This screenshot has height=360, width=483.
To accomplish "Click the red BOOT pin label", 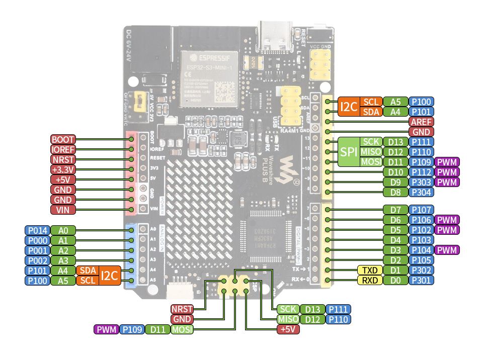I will pyautogui.click(x=63, y=139).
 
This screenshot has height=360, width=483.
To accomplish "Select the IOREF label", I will pyautogui.click(x=63, y=149).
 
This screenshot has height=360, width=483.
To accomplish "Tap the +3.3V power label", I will pyautogui.click(x=63, y=169).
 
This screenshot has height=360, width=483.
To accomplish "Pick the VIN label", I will pyautogui.click(x=63, y=210).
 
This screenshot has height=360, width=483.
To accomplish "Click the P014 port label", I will pyautogui.click(x=37, y=230).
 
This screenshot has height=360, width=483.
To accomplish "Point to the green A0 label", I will pyautogui.click(x=63, y=230).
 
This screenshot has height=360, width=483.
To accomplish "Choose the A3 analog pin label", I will pyautogui.click(x=63, y=260).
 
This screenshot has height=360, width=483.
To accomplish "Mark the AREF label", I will pyautogui.click(x=421, y=122).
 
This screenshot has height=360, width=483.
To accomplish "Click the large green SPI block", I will pyautogui.click(x=348, y=152).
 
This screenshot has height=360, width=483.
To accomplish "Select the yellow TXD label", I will pyautogui.click(x=370, y=270).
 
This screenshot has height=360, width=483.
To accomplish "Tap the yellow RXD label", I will pyautogui.click(x=370, y=280).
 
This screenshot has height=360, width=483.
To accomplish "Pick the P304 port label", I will pyautogui.click(x=421, y=192).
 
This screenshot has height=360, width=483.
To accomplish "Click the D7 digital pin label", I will pyautogui.click(x=395, y=210).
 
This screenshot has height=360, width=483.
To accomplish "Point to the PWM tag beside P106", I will pyautogui.click(x=447, y=220).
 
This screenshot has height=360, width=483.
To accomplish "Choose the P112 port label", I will pyautogui.click(x=421, y=172).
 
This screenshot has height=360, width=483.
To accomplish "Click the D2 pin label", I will pyautogui.click(x=395, y=260).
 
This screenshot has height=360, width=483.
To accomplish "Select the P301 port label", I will pyautogui.click(x=421, y=280).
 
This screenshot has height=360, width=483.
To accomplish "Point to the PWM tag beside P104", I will pyautogui.click(x=447, y=250).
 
